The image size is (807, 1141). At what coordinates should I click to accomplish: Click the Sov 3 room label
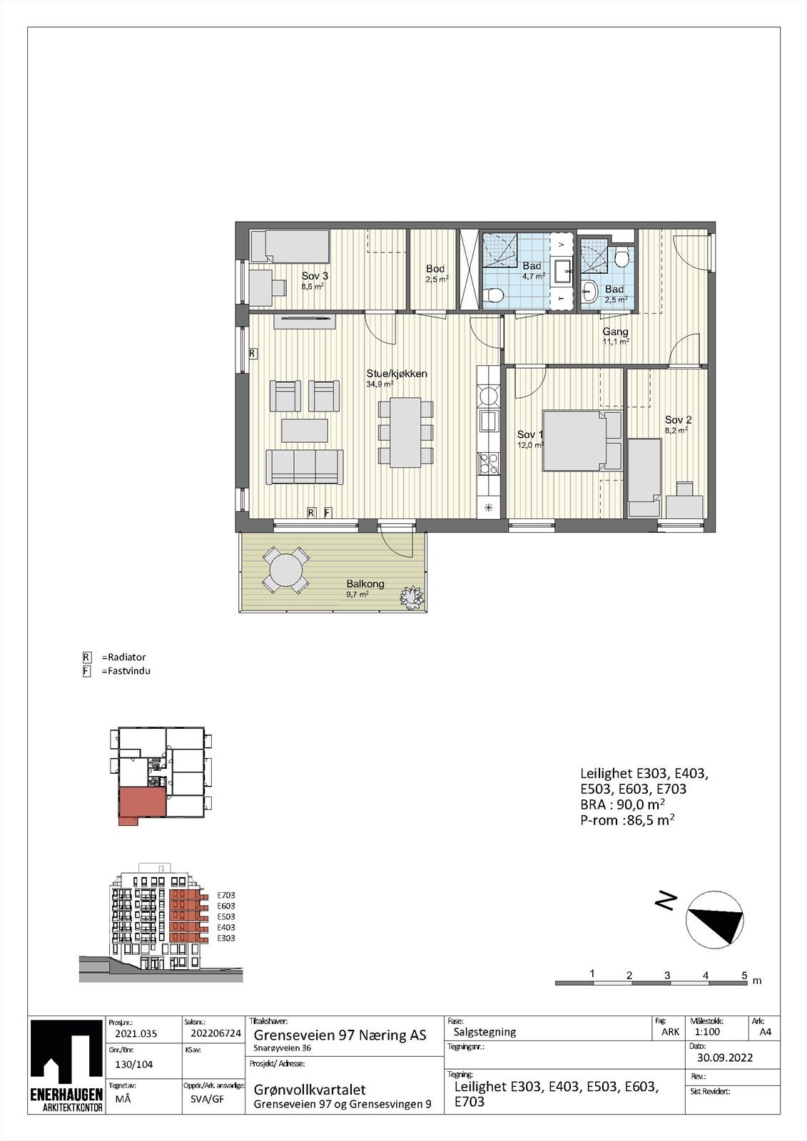point(315,276)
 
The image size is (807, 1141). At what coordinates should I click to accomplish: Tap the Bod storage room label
point(435,269)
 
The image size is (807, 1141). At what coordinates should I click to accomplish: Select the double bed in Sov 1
point(582,440)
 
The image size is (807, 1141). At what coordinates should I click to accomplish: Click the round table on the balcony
point(286,570)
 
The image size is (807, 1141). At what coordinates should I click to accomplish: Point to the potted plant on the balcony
point(412,593)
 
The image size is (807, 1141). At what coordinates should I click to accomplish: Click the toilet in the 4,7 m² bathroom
point(494,295)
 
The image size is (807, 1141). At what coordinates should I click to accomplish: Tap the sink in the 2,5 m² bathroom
point(589,290)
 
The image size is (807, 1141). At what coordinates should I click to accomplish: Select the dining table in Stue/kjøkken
point(405,432)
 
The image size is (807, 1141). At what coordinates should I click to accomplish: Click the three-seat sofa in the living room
point(304,466)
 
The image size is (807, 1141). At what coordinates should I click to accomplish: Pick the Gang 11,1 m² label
point(615,332)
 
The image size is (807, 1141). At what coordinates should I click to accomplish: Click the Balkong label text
point(365,583)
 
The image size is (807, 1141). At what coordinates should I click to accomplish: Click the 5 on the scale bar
point(743,975)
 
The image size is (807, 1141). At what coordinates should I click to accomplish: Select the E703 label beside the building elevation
point(225,895)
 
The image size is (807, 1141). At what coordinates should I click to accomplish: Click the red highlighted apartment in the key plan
point(141,804)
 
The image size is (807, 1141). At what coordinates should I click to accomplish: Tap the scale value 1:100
point(706,1031)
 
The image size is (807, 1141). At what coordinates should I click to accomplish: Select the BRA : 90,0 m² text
point(623,804)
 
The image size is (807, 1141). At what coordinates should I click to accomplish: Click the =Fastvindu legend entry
point(125,671)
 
